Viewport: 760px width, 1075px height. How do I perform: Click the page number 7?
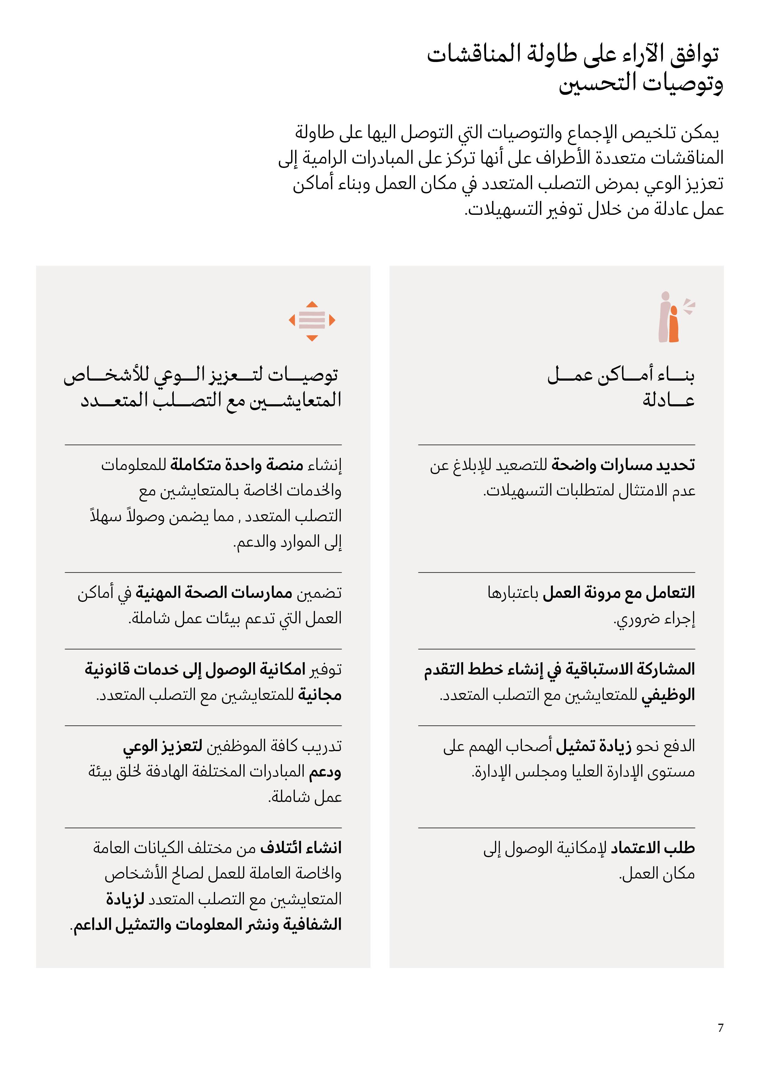(x=720, y=1028)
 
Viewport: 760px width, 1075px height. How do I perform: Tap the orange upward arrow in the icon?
(x=312, y=304)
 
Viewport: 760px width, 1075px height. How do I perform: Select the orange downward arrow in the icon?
(x=312, y=338)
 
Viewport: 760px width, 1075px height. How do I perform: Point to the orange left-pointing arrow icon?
(x=292, y=320)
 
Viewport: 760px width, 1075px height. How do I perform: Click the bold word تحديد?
(x=675, y=465)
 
